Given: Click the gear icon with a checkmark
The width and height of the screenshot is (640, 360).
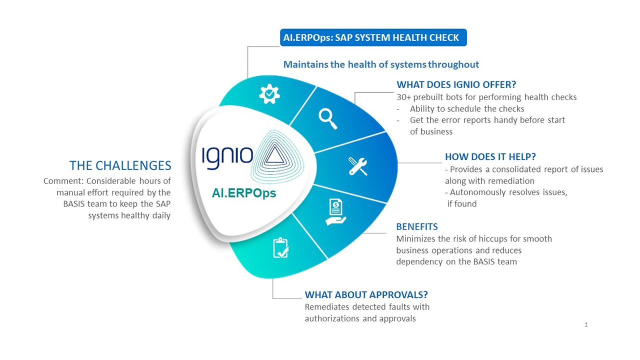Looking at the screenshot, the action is tap(269, 94).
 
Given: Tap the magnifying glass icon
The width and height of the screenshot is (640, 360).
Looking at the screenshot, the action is tap(328, 119).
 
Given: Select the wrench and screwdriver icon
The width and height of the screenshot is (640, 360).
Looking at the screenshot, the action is tap(357, 166).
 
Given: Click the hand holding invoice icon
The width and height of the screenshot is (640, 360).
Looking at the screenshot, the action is tap(335, 211).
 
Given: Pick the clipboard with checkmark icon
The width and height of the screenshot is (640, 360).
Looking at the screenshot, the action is tap(281, 247).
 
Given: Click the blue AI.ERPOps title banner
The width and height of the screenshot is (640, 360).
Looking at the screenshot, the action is tap(373, 37).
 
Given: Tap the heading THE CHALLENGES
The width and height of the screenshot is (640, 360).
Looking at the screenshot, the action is tap(120, 165).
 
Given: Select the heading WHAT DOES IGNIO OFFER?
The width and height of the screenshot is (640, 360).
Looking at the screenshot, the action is tap(456, 84).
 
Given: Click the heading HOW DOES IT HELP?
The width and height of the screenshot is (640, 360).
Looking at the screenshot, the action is tap(490, 156).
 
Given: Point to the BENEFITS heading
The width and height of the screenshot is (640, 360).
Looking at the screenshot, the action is tap(417, 226).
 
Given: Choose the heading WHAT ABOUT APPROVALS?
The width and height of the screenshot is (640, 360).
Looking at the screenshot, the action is tap(366, 294).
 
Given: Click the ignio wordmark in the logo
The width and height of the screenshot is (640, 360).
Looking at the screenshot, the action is tap(227, 157).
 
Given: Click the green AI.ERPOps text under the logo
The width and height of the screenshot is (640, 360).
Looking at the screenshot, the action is tap(243, 193).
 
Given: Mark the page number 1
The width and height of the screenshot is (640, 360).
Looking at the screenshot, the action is tap(586, 324).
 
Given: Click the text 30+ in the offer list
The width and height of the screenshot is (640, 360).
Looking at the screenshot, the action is tap(403, 97).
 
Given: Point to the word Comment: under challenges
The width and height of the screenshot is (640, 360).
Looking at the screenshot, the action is tap(63, 181).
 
